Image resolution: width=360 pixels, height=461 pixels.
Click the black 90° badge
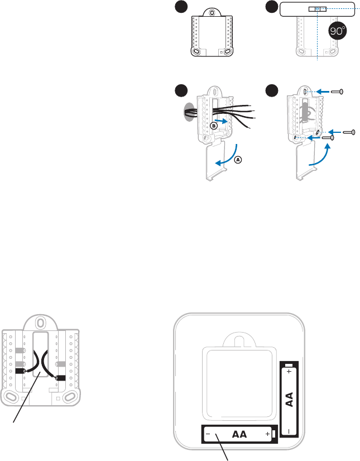tap(337, 31)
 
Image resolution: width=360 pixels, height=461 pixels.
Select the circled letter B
tap(213, 127)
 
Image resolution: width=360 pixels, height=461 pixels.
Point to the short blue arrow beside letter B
tap(222, 120)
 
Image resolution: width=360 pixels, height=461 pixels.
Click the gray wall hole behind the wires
tap(188, 111)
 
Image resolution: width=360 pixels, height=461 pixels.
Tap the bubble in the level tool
tap(318, 9)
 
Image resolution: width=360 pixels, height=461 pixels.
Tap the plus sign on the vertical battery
tap(289, 371)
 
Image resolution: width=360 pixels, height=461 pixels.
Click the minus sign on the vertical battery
tap(289, 430)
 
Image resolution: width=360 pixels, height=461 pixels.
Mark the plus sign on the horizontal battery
tap(268, 434)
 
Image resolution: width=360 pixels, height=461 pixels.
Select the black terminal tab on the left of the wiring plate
tap(20, 371)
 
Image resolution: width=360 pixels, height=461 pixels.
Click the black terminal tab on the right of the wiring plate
tap(61, 378)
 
